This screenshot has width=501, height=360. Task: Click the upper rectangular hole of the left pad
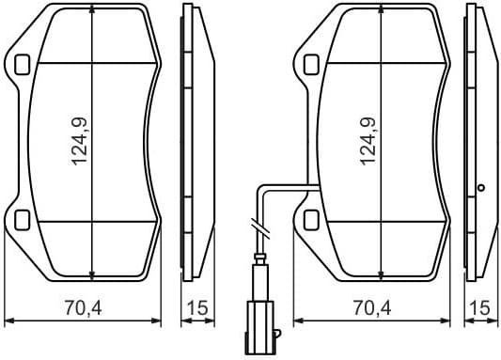click(x=23, y=64)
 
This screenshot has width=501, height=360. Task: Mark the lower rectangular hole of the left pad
click(x=23, y=221)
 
